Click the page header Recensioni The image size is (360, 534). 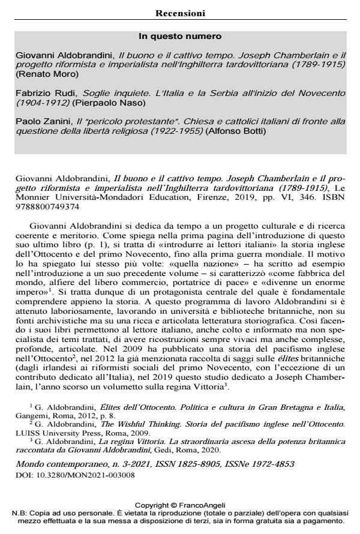pos(180,13)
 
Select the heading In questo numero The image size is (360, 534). pos(180,37)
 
